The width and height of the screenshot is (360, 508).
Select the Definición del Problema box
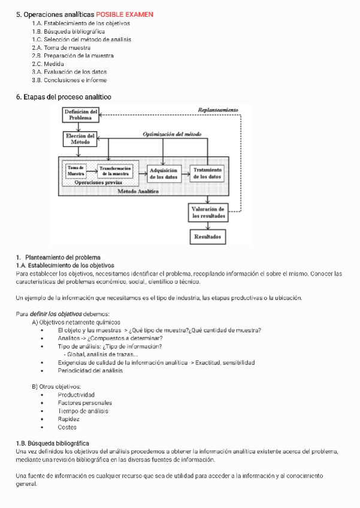coord(80,115)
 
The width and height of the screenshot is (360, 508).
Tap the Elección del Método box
coord(80,139)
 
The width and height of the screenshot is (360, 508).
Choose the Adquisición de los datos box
coord(163,174)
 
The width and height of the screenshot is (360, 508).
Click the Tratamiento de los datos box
coord(207,174)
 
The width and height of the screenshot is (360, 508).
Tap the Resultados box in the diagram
coord(208,237)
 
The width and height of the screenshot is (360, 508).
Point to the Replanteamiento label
coord(217,110)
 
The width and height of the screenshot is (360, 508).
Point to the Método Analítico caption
coord(138,191)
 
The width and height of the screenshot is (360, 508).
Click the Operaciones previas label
coord(98,182)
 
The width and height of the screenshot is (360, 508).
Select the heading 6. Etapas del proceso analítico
coord(63,96)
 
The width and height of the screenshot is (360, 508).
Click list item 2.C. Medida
coord(48,63)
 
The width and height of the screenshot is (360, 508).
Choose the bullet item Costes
coord(67,427)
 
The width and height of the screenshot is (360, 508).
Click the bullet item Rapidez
coord(69,419)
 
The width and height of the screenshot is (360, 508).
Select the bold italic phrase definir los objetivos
coord(56,314)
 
